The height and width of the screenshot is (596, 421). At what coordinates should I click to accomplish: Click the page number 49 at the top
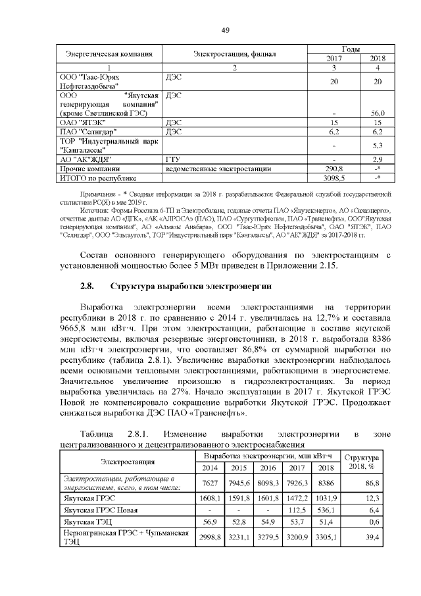pos(225,30)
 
